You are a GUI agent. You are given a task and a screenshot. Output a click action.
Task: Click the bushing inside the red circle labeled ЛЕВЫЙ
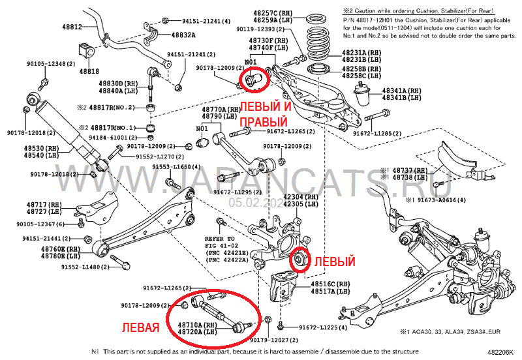(x=301, y=259)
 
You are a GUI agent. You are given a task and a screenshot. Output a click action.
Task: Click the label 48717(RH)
(x=44, y=204)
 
